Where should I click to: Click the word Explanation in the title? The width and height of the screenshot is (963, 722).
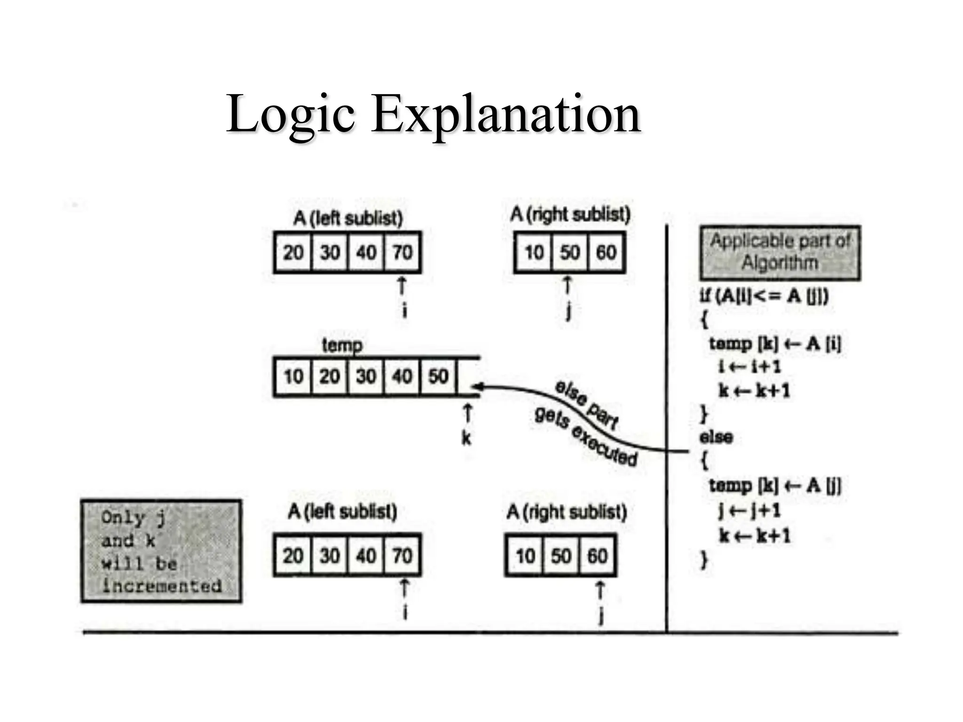(x=506, y=114)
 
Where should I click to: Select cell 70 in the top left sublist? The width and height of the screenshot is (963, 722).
(x=403, y=252)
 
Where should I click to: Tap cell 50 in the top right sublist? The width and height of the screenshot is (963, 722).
(x=569, y=252)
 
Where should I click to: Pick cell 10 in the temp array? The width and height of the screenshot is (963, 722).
(x=293, y=377)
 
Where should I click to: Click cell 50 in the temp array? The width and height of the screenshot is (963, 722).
(x=438, y=377)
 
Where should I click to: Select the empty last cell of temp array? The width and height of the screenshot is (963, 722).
(x=468, y=377)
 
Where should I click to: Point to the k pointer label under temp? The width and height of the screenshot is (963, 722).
(x=466, y=438)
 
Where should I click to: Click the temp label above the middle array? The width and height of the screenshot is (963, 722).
(x=342, y=345)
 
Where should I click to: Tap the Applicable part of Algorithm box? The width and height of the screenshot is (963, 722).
(x=780, y=252)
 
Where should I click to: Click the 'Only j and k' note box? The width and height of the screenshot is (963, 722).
(x=161, y=551)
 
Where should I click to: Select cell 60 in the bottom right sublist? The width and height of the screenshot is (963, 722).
(x=597, y=556)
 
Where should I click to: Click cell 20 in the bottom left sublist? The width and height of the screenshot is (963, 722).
(x=293, y=556)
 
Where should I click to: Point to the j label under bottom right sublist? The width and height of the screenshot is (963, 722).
(x=600, y=616)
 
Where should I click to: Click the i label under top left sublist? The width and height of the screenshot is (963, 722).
(x=405, y=310)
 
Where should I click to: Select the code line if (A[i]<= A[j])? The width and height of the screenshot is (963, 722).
(x=764, y=296)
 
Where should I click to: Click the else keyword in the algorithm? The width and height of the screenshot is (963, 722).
(x=716, y=437)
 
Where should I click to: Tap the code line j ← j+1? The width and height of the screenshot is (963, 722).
(x=749, y=510)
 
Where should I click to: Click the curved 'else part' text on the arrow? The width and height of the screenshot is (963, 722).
(x=586, y=404)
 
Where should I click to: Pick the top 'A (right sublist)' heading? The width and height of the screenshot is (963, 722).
(x=570, y=214)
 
